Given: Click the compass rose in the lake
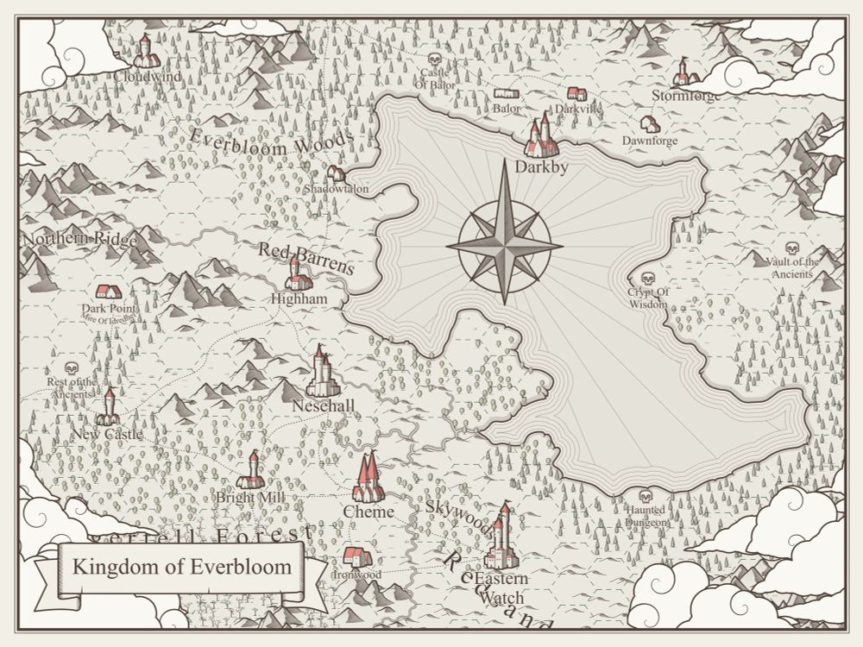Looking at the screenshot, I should pyautogui.click(x=505, y=246).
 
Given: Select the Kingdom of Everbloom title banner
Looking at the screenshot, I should pyautogui.click(x=182, y=568).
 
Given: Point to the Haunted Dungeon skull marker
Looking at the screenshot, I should pyautogui.click(x=645, y=496).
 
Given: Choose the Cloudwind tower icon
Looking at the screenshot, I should pyautogui.click(x=145, y=51).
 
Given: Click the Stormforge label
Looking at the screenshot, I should pyautogui.click(x=685, y=96).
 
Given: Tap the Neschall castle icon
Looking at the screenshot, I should pyautogui.click(x=321, y=373).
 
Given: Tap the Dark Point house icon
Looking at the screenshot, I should pyautogui.click(x=108, y=292).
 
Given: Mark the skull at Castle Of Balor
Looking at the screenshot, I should pyautogui.click(x=434, y=60).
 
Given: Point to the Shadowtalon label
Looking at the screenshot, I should pyautogui.click(x=337, y=189).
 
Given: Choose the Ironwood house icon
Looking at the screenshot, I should pyautogui.click(x=356, y=556).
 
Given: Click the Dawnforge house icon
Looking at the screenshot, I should pyautogui.click(x=650, y=124).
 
